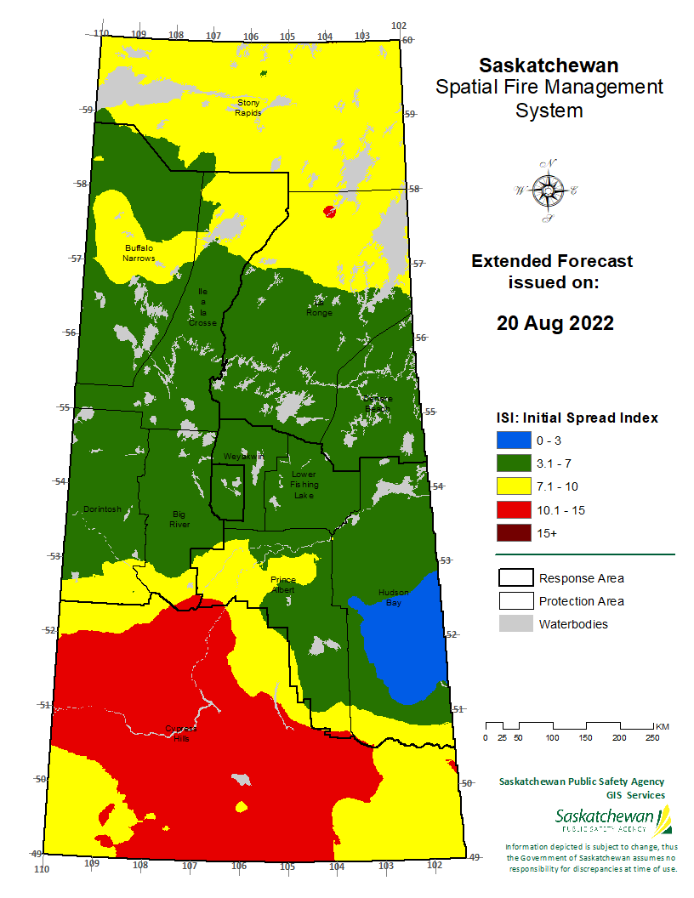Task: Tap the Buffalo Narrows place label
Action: point(138,253)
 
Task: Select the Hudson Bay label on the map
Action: point(393,597)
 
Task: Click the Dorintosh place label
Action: point(102,509)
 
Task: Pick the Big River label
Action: point(179,519)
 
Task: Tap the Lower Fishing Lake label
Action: point(304,484)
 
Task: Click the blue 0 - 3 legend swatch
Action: point(514,440)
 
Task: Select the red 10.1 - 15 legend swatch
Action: point(514,510)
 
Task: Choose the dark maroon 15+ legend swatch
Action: point(514,533)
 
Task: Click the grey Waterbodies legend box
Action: point(515,624)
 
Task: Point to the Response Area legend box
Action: point(515,578)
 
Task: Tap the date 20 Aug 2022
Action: point(555,323)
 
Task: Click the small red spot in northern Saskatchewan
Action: point(330,211)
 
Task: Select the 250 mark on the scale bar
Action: point(652,737)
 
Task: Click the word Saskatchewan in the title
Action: point(548,65)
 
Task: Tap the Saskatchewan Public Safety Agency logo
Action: point(612,821)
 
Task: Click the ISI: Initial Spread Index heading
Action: point(577,418)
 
